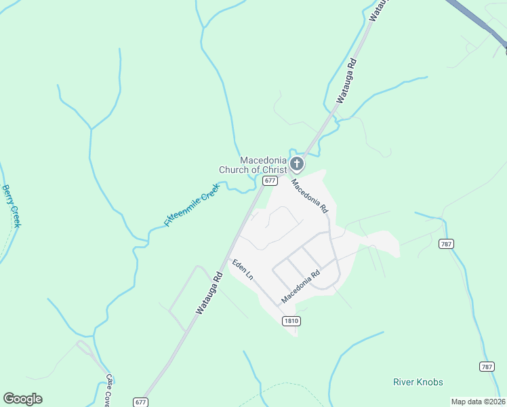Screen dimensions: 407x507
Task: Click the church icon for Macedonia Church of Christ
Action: [297, 163]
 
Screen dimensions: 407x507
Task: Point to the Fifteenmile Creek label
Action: [192, 205]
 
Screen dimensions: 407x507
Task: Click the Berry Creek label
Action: [12, 206]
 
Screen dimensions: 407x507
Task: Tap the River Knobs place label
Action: [418, 382]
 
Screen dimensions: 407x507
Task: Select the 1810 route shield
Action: [291, 321]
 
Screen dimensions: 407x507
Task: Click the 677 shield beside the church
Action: [270, 180]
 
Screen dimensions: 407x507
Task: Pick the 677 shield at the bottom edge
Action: [141, 402]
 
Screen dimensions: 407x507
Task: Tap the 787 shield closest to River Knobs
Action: [487, 366]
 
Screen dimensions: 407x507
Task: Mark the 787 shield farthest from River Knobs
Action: [446, 244]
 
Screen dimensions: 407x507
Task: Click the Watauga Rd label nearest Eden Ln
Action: [209, 292]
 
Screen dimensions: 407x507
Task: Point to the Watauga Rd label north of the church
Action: [346, 81]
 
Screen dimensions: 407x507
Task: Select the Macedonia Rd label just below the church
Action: [310, 196]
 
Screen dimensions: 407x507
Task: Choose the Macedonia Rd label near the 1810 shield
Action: [300, 288]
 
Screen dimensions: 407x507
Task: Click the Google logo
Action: [22, 399]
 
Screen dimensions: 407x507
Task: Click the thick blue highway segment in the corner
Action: [479, 20]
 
